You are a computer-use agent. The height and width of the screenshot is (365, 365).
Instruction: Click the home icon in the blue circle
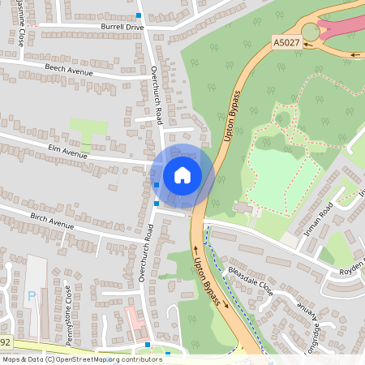[182, 174]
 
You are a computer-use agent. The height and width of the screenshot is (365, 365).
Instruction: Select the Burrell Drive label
[122, 27]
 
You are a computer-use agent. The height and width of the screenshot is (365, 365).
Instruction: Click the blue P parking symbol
[32, 296]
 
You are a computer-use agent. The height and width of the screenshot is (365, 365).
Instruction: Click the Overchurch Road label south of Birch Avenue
[146, 254]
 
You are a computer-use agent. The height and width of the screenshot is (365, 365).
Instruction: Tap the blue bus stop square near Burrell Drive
[139, 15]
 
